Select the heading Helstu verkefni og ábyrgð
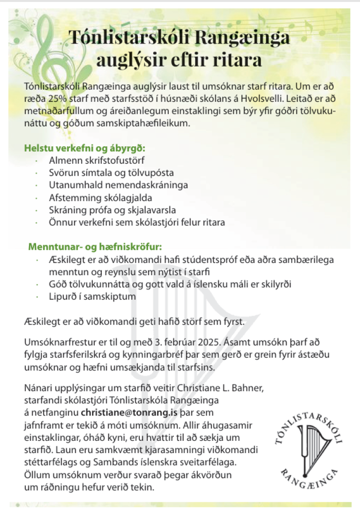click(x=84, y=149)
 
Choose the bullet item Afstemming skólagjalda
click(x=100, y=197)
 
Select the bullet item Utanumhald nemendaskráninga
click(x=118, y=185)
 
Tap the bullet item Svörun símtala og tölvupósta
click(x=111, y=173)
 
